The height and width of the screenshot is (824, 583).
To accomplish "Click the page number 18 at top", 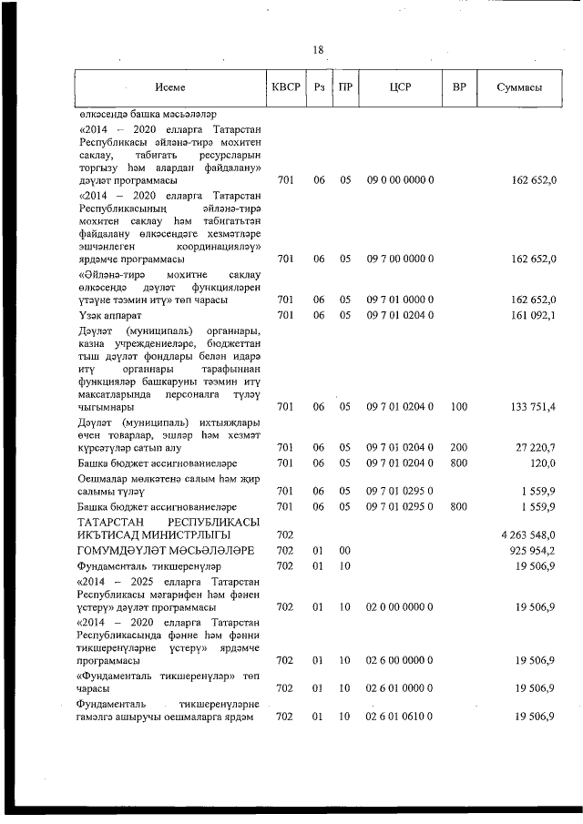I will pos(317,50).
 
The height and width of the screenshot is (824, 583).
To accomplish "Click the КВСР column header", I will pos(286,87).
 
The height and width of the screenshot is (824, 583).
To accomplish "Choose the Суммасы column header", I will pos(520,87).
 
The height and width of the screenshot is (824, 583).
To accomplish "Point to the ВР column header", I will pos(459,87).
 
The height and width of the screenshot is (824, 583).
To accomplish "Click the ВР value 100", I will pos(459,407).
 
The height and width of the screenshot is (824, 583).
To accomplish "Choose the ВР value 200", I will pos(459,448).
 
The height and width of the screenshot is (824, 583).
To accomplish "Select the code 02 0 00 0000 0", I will pos(400,606).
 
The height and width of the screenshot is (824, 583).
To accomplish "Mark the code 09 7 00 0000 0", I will pos(400,259).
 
